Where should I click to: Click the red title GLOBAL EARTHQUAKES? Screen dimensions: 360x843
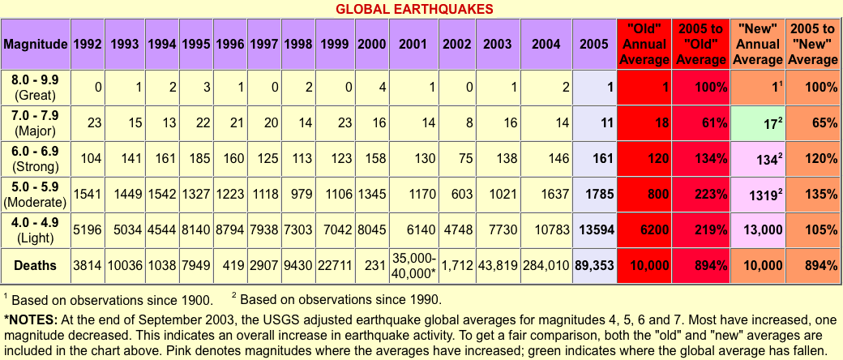coord(421,9)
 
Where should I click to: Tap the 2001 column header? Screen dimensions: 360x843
coord(413,43)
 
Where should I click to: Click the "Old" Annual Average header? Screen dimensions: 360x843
coord(644,43)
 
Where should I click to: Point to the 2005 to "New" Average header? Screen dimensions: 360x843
coord(813,43)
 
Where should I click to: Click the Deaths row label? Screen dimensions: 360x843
coord(35,265)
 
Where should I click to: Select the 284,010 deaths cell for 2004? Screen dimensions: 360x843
coord(546,265)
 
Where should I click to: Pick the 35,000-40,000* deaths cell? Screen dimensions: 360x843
coord(413,265)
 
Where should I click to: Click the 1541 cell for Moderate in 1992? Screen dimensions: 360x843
coord(88,194)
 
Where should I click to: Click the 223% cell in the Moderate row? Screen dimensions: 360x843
coord(701,194)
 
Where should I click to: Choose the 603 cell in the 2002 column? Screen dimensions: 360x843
coord(457,194)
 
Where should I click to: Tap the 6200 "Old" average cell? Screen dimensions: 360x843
coord(644,229)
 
